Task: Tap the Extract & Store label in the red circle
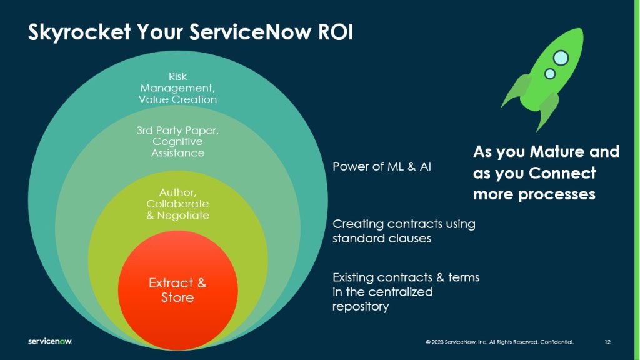click(177, 291)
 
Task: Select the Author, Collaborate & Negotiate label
click(177, 204)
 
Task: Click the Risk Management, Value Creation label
click(177, 88)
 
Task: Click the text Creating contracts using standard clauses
click(404, 231)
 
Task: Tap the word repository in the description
click(361, 307)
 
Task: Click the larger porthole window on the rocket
click(561, 57)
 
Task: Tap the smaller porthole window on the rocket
click(550, 74)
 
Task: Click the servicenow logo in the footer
click(50, 342)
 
